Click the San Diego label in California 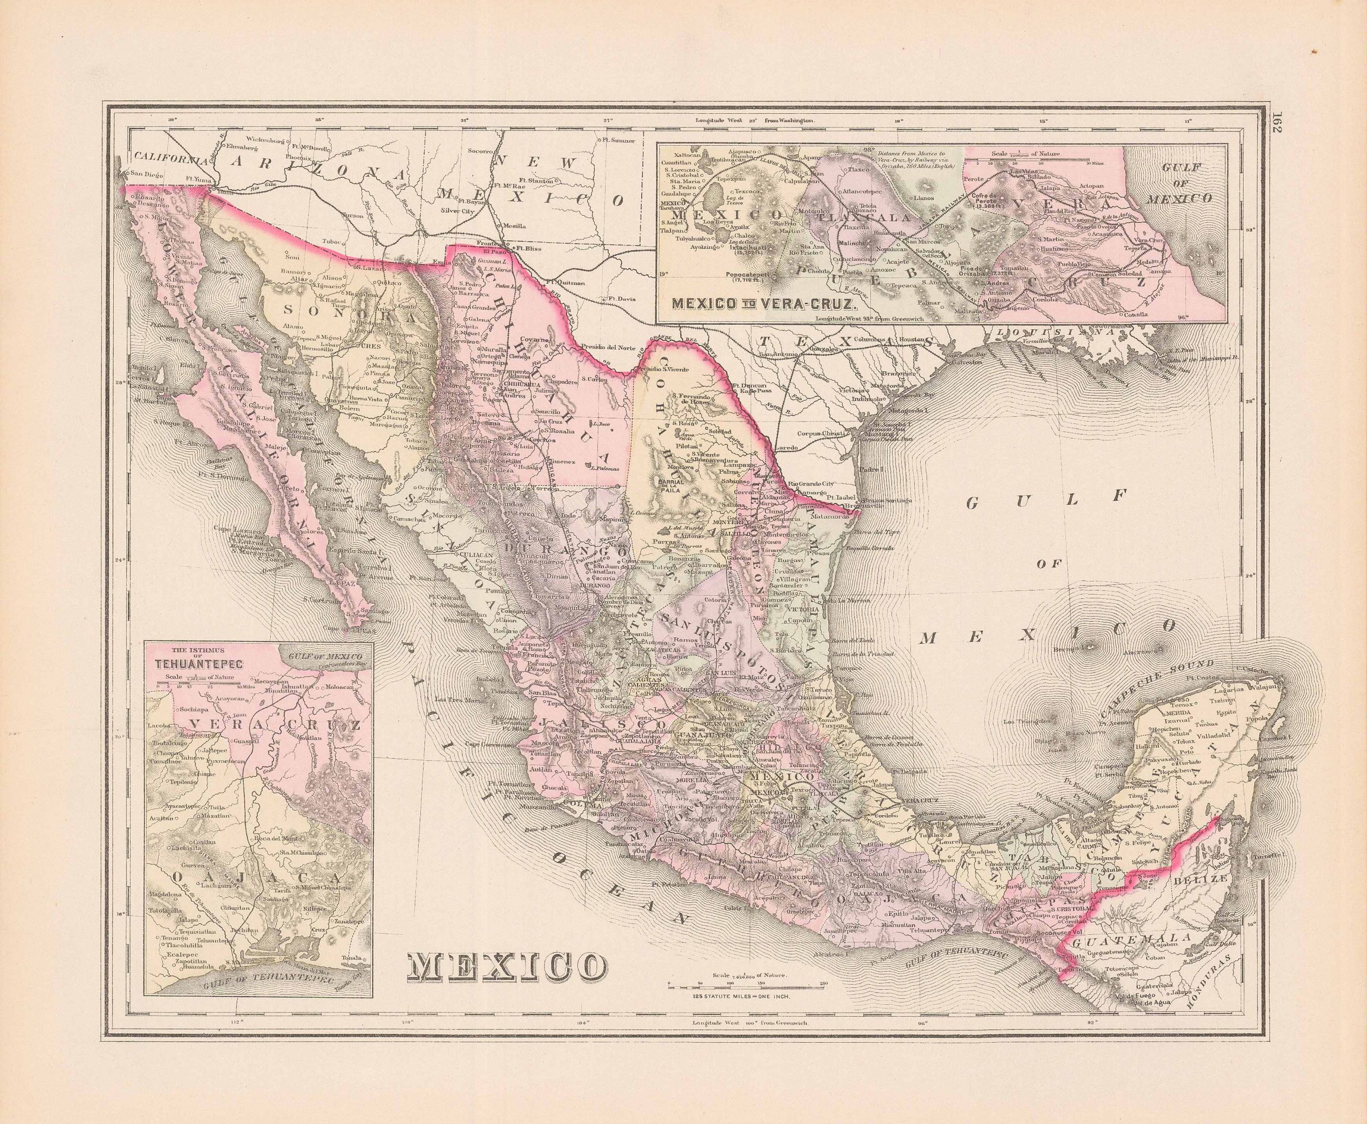point(147,174)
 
